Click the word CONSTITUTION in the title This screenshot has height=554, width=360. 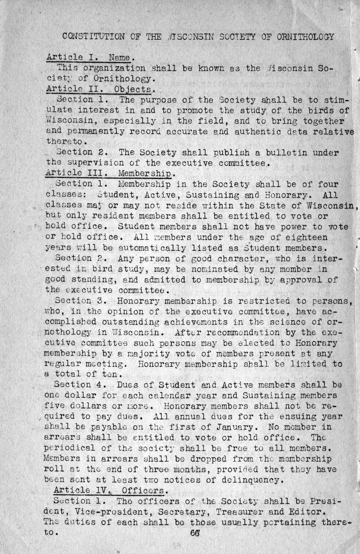coord(94,37)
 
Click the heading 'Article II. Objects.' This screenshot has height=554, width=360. coord(99,89)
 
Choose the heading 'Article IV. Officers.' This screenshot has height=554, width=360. coord(108,490)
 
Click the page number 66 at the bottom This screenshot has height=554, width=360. coord(195,534)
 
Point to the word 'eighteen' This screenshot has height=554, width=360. coord(307,237)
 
